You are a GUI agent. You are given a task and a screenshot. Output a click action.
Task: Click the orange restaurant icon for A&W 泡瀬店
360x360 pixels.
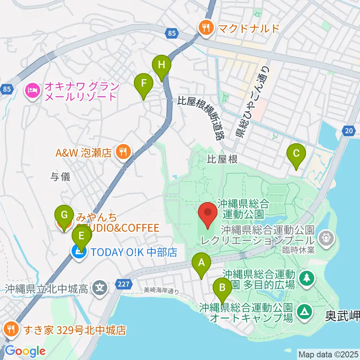pyautogui.click(x=122, y=152)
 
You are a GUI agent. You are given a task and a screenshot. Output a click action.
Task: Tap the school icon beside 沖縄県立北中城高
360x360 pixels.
pyautogui.click(x=100, y=288)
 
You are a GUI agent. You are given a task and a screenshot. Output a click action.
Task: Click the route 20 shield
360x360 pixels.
pyautogui.click(x=348, y=130)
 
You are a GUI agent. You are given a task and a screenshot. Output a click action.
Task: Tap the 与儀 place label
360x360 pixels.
pyautogui.click(x=61, y=177)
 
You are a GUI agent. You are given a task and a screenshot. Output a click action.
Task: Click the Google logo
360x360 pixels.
pyautogui.click(x=25, y=351)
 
